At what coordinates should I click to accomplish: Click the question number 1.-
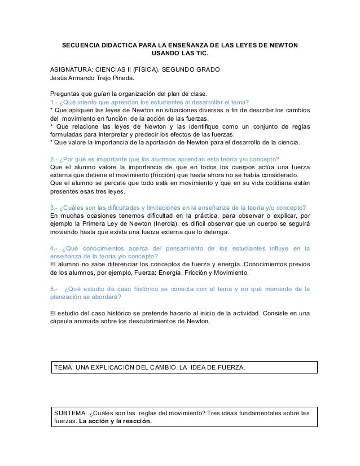point(54,102)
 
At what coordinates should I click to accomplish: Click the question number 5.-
point(55,289)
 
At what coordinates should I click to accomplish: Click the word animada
point(93,322)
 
